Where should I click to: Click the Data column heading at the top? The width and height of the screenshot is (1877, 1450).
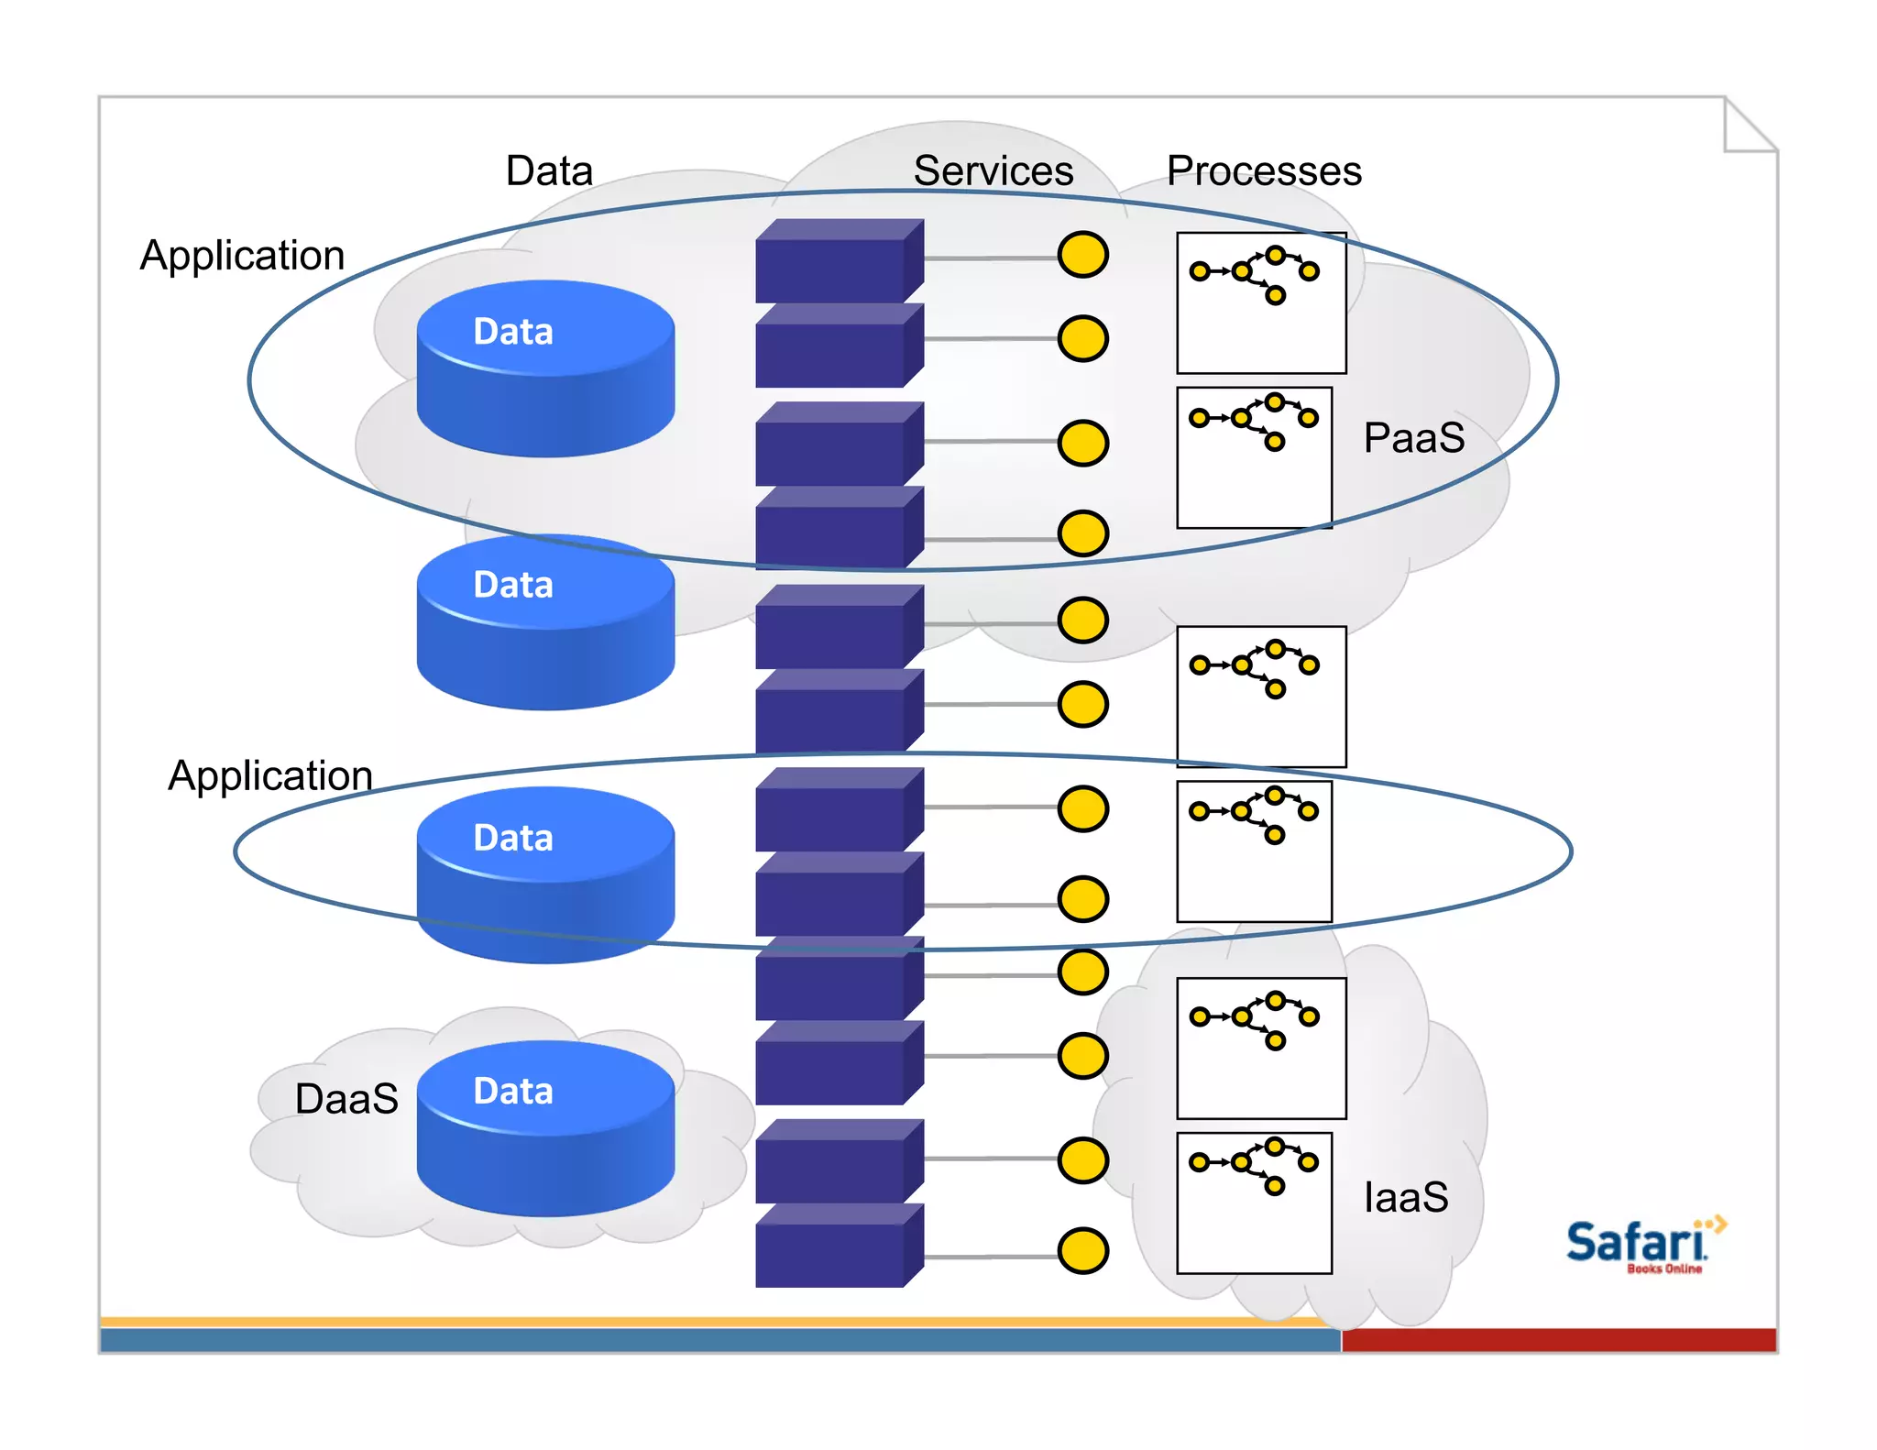click(549, 170)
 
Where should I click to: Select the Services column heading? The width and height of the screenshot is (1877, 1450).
click(993, 170)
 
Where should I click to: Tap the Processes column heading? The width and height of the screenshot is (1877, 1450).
click(1264, 170)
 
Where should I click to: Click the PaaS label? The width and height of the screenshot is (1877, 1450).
click(1413, 437)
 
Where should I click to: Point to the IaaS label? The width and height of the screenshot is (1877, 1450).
click(1405, 1197)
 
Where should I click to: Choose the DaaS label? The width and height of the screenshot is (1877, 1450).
click(346, 1098)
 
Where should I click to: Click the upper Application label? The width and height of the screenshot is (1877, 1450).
click(242, 255)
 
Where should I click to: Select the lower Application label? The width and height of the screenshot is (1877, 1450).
click(270, 775)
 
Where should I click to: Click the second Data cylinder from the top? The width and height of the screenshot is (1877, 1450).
click(545, 621)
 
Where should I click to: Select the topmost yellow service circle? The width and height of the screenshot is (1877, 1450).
click(1082, 255)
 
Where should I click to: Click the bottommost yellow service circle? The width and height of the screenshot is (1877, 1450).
click(1082, 1251)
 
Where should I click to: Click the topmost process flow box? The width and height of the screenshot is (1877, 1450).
click(1261, 302)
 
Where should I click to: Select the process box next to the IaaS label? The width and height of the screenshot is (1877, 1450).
click(1254, 1203)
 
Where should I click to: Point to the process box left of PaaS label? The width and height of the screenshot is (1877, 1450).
click(1254, 457)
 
